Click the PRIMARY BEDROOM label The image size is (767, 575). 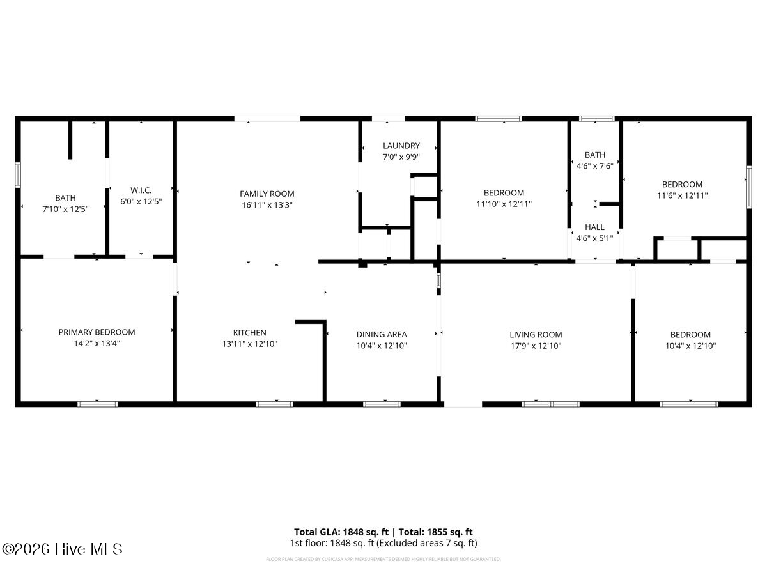coord(97,332)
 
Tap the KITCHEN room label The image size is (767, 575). coord(249,333)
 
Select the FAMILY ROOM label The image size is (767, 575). coord(267,194)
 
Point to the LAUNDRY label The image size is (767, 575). coord(401,146)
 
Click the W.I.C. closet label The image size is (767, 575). coord(140,190)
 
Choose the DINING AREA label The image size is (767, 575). coord(381,334)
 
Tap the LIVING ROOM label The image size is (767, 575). coord(536,334)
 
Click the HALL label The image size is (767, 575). coord(594,227)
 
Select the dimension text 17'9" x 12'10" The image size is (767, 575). coord(536,346)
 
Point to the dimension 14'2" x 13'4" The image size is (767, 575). coord(97,343)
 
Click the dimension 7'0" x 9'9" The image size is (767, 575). coord(401,157)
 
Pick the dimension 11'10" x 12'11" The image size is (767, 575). coord(504,204)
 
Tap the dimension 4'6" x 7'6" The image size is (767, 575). coord(594,165)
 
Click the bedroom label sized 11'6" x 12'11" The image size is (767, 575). coord(681,185)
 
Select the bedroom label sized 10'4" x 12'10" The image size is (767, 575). coord(690,335)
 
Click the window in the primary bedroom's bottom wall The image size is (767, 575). coord(97,404)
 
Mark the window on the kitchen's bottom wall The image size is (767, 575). coord(274,404)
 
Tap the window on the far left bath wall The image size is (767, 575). coord(18,174)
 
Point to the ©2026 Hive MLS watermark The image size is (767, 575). coord(62,549)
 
